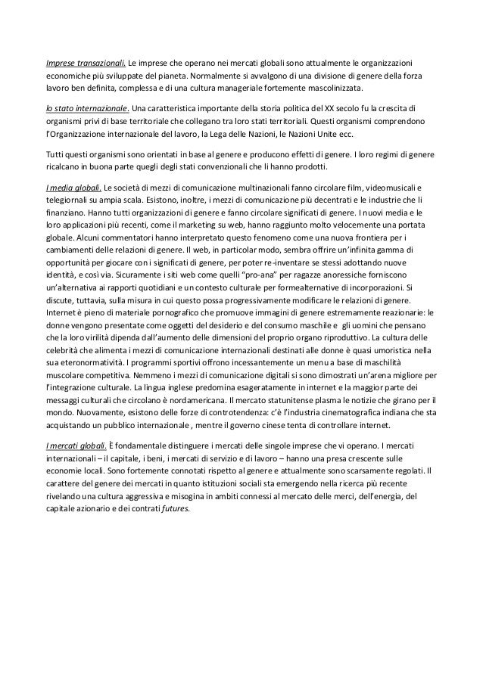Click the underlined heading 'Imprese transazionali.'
click(85, 61)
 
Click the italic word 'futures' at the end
click(177, 508)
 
